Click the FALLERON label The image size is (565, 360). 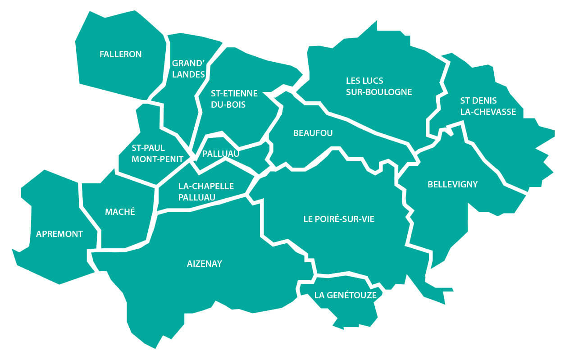(x=120, y=55)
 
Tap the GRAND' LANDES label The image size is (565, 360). (x=188, y=69)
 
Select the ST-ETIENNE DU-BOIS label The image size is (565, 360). (x=234, y=99)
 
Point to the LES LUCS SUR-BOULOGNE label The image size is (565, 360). (x=379, y=87)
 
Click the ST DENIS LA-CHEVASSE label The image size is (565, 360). (x=488, y=106)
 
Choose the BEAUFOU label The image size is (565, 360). (x=313, y=133)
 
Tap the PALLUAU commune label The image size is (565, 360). (x=220, y=154)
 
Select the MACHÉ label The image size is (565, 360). (x=120, y=212)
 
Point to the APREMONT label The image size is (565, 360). (x=59, y=234)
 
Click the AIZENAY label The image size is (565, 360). (x=205, y=264)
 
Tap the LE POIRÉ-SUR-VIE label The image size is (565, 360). (x=339, y=219)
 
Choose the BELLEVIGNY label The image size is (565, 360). (x=452, y=184)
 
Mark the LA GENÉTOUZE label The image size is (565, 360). (x=345, y=296)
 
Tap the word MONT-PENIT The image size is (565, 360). (x=157, y=159)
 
